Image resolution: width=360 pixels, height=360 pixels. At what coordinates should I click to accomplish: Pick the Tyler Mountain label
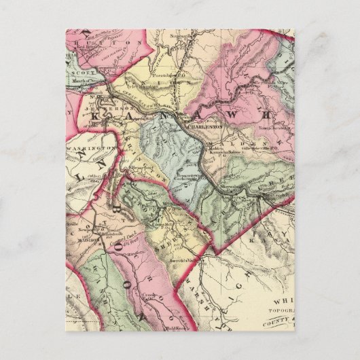tap(141, 87)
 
